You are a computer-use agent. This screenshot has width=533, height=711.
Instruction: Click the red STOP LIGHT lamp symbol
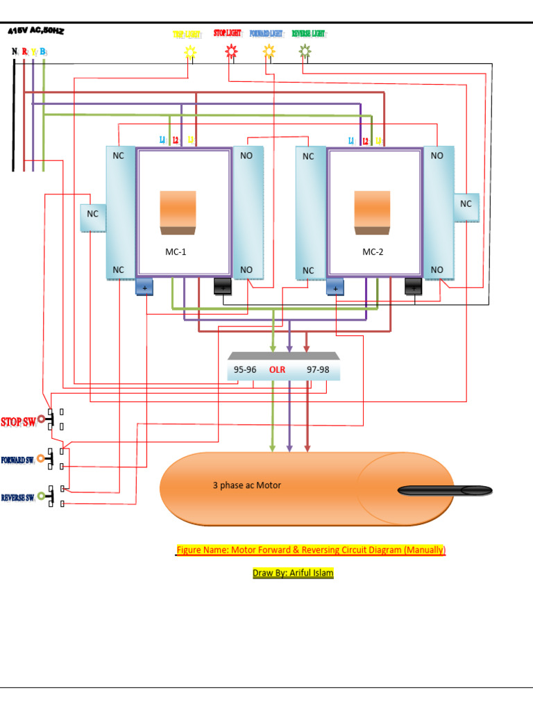pos(231,51)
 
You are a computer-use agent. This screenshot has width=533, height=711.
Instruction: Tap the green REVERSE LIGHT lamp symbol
pos(304,51)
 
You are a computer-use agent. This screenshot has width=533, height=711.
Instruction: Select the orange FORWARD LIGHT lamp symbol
pos(269,51)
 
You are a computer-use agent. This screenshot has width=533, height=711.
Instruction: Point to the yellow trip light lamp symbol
pos(190,51)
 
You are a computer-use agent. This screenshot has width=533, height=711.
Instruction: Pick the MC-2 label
pos(373,252)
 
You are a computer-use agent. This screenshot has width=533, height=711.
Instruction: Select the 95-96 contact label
pos(245,370)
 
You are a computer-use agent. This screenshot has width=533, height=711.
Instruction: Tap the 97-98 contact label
pos(318,370)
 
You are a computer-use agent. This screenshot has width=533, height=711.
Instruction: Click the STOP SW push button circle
pos(41,419)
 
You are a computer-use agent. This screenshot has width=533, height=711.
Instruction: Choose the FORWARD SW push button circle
pos(40,458)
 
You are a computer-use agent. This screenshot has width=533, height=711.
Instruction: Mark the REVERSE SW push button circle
pos(40,496)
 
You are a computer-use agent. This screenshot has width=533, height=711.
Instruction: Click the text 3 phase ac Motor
pos(246,485)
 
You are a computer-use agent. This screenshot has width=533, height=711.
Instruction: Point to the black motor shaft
pos(444,491)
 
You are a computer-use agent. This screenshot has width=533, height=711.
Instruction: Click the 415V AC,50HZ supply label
pos(36,31)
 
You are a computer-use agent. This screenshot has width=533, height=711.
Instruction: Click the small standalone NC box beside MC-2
pos(466,205)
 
